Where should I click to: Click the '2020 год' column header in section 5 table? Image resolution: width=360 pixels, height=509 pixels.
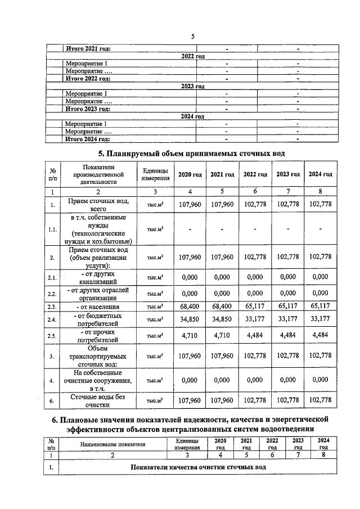190,174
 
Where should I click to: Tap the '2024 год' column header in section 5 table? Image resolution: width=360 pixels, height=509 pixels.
320,174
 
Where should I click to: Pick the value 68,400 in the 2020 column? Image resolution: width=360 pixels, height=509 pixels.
190,306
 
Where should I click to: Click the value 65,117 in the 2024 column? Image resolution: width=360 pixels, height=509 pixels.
320,306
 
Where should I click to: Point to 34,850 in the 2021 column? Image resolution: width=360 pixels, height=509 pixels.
222,319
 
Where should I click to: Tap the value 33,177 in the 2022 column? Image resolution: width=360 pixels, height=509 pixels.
255,319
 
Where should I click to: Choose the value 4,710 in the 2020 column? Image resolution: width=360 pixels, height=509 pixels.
190,336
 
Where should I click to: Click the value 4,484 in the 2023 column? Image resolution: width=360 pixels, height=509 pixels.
287,336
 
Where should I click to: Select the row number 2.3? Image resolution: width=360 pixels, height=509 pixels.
52,307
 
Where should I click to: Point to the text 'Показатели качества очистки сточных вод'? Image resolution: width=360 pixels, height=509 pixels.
197,467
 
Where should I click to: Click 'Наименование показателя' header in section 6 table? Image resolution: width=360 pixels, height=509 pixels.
112,444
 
